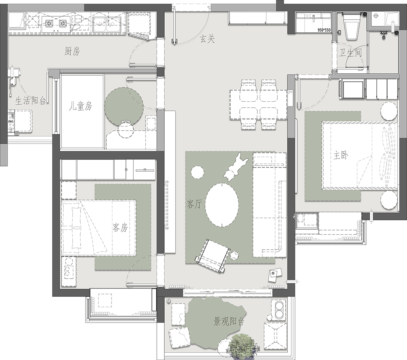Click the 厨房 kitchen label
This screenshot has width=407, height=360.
coord(72,51)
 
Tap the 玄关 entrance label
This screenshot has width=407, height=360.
coord(207,39)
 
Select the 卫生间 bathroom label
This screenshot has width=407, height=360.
coord(350,53)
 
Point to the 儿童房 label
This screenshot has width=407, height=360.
coord(81,106)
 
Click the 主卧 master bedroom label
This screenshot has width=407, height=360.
coord(341,156)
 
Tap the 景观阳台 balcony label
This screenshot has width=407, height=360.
coord(229,322)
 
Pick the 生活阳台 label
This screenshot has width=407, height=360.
coord(31,101)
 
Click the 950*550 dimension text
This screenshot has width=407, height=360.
coord(324,30)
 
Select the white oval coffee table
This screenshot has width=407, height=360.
coord(222,204)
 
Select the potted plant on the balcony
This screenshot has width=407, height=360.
coord(242,346)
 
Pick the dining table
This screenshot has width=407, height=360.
coord(258,105)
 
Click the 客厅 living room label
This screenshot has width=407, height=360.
coord(194,204)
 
